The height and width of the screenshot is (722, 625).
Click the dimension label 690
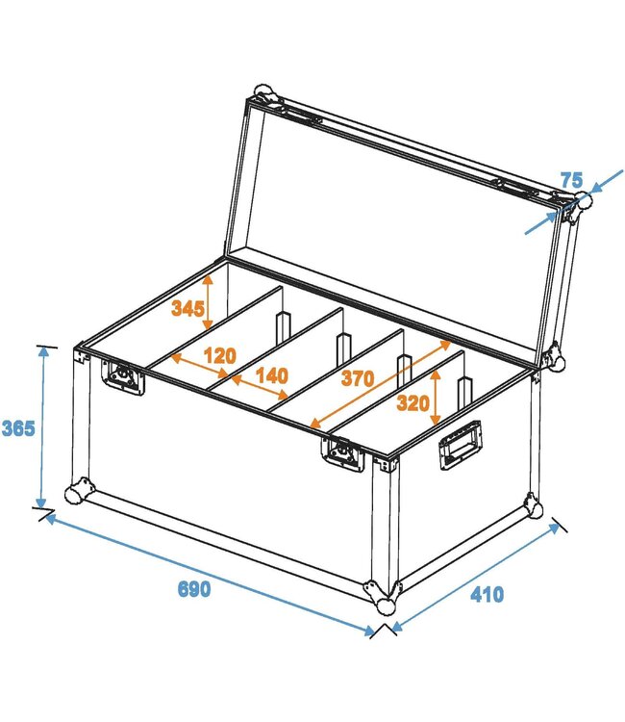coord(193,589)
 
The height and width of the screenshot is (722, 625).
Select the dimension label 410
coord(487,594)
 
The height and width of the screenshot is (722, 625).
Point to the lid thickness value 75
coord(571,180)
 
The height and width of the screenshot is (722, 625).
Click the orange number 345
coord(187,308)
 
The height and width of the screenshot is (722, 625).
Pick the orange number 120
coord(219,355)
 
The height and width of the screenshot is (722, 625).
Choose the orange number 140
coord(271,375)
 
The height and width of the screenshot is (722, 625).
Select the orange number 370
coord(356,378)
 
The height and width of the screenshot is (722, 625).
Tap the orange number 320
coord(412,403)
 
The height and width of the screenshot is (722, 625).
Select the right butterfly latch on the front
coord(343,454)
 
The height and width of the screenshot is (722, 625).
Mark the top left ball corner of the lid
coord(263,96)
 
